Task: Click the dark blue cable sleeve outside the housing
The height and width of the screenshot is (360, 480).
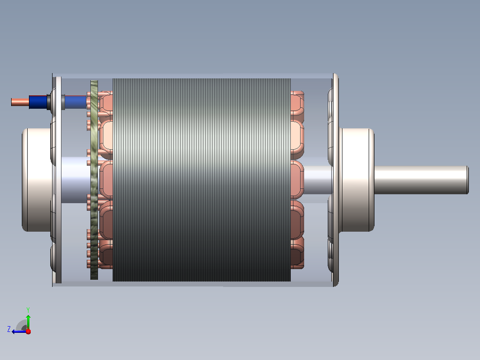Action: click(38, 102)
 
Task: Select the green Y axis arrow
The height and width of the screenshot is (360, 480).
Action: click(28, 322)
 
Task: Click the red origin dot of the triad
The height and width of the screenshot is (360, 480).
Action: click(28, 331)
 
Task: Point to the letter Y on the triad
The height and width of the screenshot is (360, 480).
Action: click(28, 310)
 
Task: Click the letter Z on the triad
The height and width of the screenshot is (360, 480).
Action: click(9, 329)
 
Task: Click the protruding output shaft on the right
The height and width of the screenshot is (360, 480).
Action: click(421, 180)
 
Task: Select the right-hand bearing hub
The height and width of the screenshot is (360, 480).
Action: click(357, 180)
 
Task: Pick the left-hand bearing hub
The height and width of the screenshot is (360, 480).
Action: click(37, 180)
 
